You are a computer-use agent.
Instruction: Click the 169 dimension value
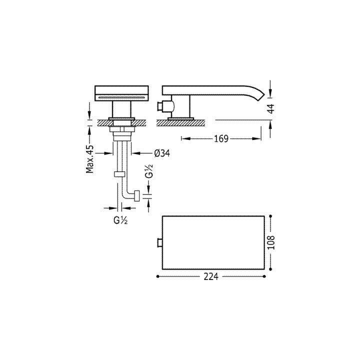pyautogui.click(x=221, y=138)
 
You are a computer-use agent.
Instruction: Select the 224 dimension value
pyautogui.click(x=211, y=276)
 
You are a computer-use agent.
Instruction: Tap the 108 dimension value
pyautogui.click(x=271, y=242)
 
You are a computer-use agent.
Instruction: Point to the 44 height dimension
pyautogui.click(x=271, y=108)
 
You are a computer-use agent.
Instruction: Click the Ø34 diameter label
pyautogui.click(x=162, y=153)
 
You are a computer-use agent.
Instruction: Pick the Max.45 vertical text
pyautogui.click(x=90, y=159)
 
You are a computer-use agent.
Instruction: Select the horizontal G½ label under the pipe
pyautogui.click(x=120, y=220)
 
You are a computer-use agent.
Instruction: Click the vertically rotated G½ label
pyautogui.click(x=149, y=171)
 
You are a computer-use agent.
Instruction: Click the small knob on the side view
pyautogui.click(x=160, y=106)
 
